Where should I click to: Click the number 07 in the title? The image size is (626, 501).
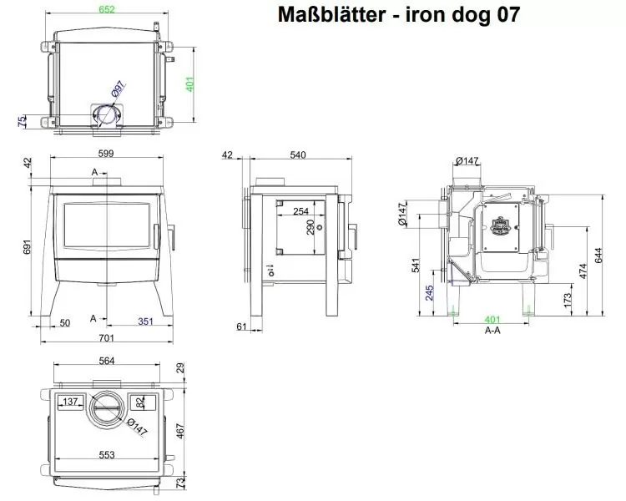[505, 15]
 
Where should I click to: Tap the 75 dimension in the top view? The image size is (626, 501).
[22, 122]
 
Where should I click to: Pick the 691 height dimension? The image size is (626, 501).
[28, 248]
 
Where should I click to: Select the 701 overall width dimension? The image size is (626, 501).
[106, 339]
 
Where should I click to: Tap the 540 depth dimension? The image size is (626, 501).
[299, 154]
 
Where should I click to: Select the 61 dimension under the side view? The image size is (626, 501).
[240, 326]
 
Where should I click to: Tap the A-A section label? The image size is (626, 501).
[492, 331]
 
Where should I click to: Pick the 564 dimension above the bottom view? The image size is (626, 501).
[106, 361]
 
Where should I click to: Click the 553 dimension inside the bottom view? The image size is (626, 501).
[105, 454]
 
